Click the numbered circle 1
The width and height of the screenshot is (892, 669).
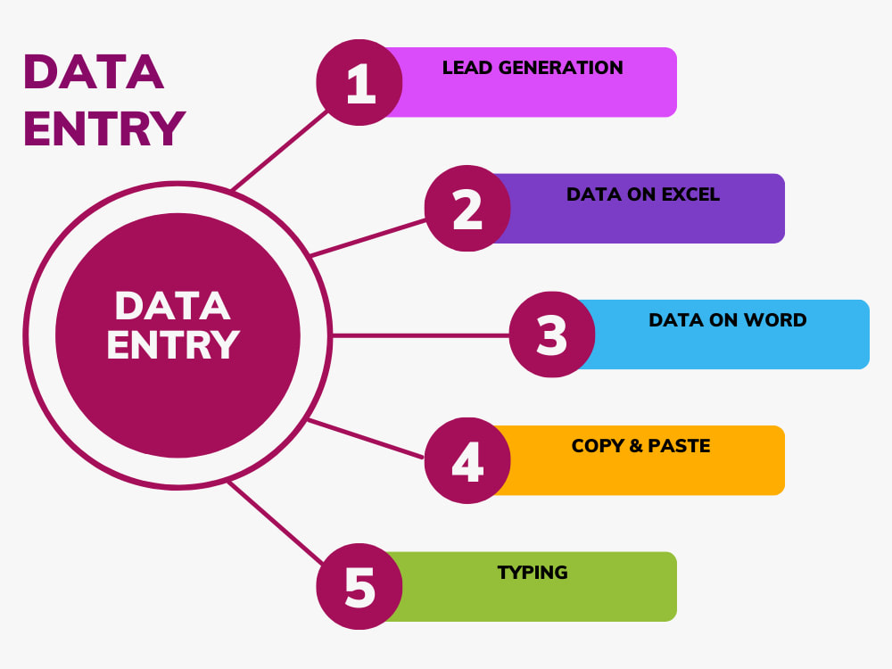(359, 82)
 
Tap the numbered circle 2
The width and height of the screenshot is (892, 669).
(467, 208)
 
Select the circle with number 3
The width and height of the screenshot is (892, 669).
(552, 334)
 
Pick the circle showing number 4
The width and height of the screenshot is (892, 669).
(467, 460)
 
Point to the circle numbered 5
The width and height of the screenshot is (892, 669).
(359, 587)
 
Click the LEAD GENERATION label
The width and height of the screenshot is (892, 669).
(533, 68)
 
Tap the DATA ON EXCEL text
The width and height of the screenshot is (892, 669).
(643, 194)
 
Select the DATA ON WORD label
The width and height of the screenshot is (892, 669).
(728, 319)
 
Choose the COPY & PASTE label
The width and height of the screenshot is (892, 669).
(641, 445)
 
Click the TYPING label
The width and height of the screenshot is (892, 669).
(533, 573)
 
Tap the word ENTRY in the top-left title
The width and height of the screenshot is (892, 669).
(104, 128)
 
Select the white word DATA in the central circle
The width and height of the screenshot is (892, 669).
(172, 306)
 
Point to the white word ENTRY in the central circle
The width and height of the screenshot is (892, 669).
(173, 344)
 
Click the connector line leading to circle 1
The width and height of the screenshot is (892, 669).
(280, 150)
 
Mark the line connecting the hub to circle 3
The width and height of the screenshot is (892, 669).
(420, 335)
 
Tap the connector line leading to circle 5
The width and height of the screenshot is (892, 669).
(276, 522)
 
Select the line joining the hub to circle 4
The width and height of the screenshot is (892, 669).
(366, 439)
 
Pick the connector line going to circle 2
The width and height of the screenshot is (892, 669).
(368, 238)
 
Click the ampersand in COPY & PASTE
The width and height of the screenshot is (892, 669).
(635, 445)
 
